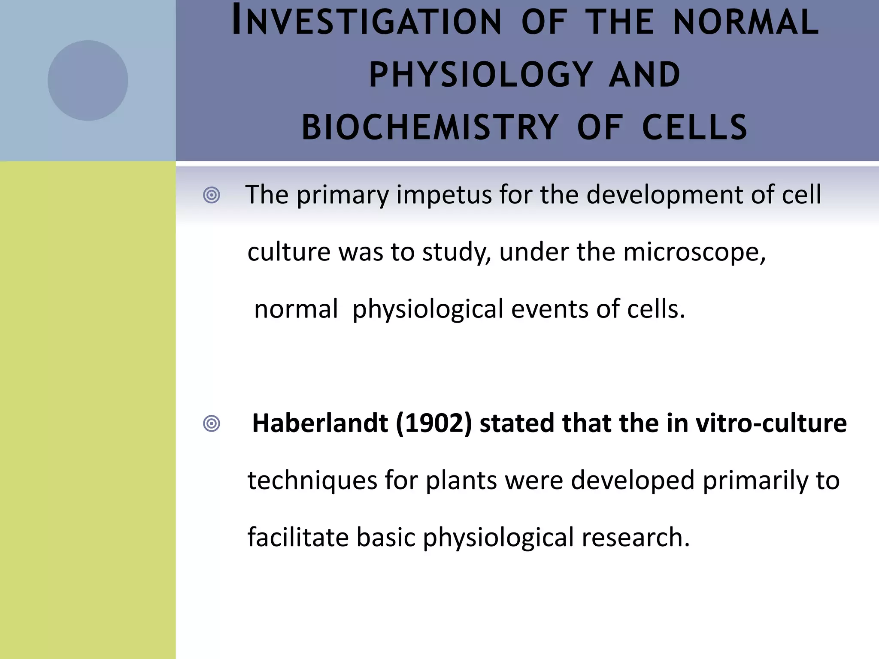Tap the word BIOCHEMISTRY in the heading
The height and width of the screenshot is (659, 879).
429,127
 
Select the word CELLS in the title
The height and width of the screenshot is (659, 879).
695,127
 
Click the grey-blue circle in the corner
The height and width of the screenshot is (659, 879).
88,80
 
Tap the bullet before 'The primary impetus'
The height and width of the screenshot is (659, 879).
211,196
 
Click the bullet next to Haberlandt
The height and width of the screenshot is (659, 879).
211,424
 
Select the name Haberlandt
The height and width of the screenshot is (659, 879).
320,423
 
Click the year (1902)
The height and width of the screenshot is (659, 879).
433,423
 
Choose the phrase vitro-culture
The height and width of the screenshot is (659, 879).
771,423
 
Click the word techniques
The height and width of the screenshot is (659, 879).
312,481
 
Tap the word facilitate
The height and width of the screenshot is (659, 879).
298,538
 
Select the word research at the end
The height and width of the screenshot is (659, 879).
635,538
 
